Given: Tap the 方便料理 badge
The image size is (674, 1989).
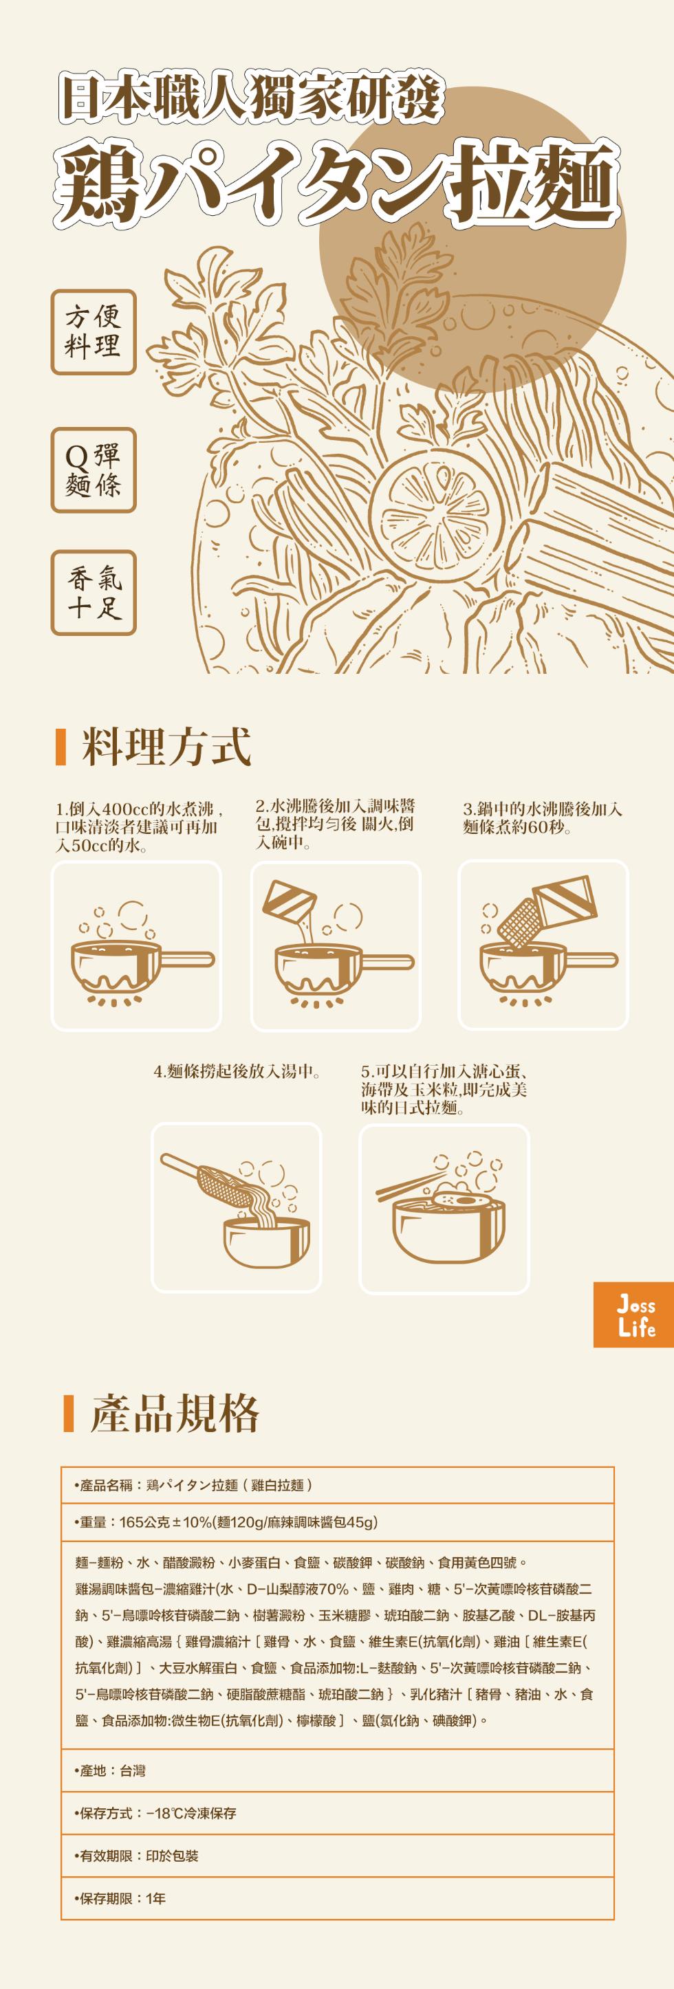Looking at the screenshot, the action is (x=94, y=332).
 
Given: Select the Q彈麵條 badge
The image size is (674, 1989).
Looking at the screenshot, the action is (x=94, y=470).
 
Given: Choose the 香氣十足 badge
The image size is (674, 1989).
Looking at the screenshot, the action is (x=94, y=592).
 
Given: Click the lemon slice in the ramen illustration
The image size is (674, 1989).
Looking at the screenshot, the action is (x=437, y=514).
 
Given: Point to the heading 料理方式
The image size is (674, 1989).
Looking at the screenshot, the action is (x=166, y=747).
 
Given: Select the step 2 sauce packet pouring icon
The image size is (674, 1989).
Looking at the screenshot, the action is (x=336, y=945).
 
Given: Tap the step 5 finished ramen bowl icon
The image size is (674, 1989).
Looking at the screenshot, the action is (x=444, y=1209).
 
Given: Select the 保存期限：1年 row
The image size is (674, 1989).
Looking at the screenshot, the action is (x=338, y=1898).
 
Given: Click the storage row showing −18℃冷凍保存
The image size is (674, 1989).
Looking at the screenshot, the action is (x=338, y=1813).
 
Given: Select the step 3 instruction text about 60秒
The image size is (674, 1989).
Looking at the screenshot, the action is (x=542, y=818).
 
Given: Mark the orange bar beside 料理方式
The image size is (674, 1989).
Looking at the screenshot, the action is (x=61, y=747).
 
